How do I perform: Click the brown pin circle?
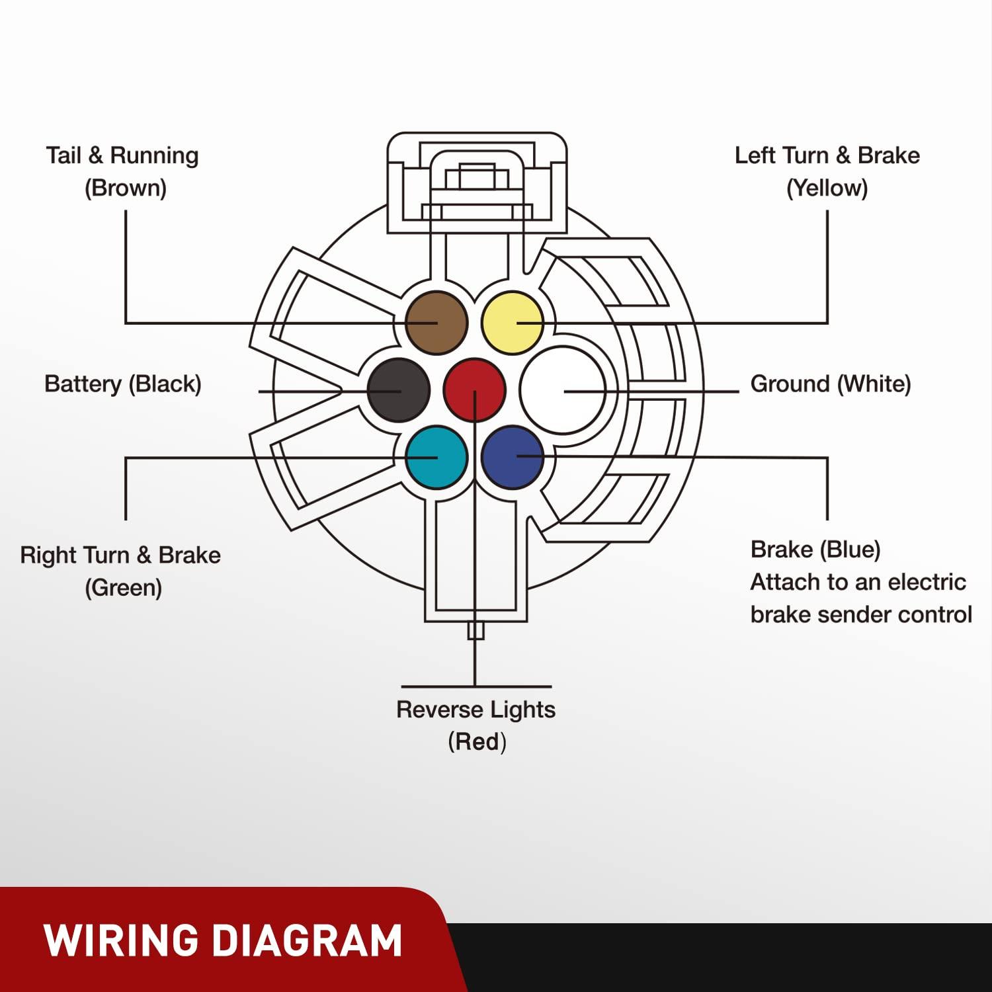point(436,323)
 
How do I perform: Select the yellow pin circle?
point(513,323)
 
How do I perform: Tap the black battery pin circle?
point(398,390)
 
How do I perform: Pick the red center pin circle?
point(475,390)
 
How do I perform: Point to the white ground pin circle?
point(562,390)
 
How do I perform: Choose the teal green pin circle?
point(436,457)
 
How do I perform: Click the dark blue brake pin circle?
point(513,457)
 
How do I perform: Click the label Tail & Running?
point(122,156)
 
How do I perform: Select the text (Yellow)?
point(827,188)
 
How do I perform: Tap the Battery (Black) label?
point(123,384)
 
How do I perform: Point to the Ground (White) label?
point(831,384)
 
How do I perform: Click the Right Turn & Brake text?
point(120,556)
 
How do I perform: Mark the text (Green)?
point(124,588)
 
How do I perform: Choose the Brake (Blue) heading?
point(815,550)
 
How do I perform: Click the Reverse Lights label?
point(475,710)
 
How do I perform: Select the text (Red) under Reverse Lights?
point(477,742)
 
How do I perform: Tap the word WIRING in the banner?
point(121,940)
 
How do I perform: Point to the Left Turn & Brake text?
point(827,156)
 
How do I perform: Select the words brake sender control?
point(861,615)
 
